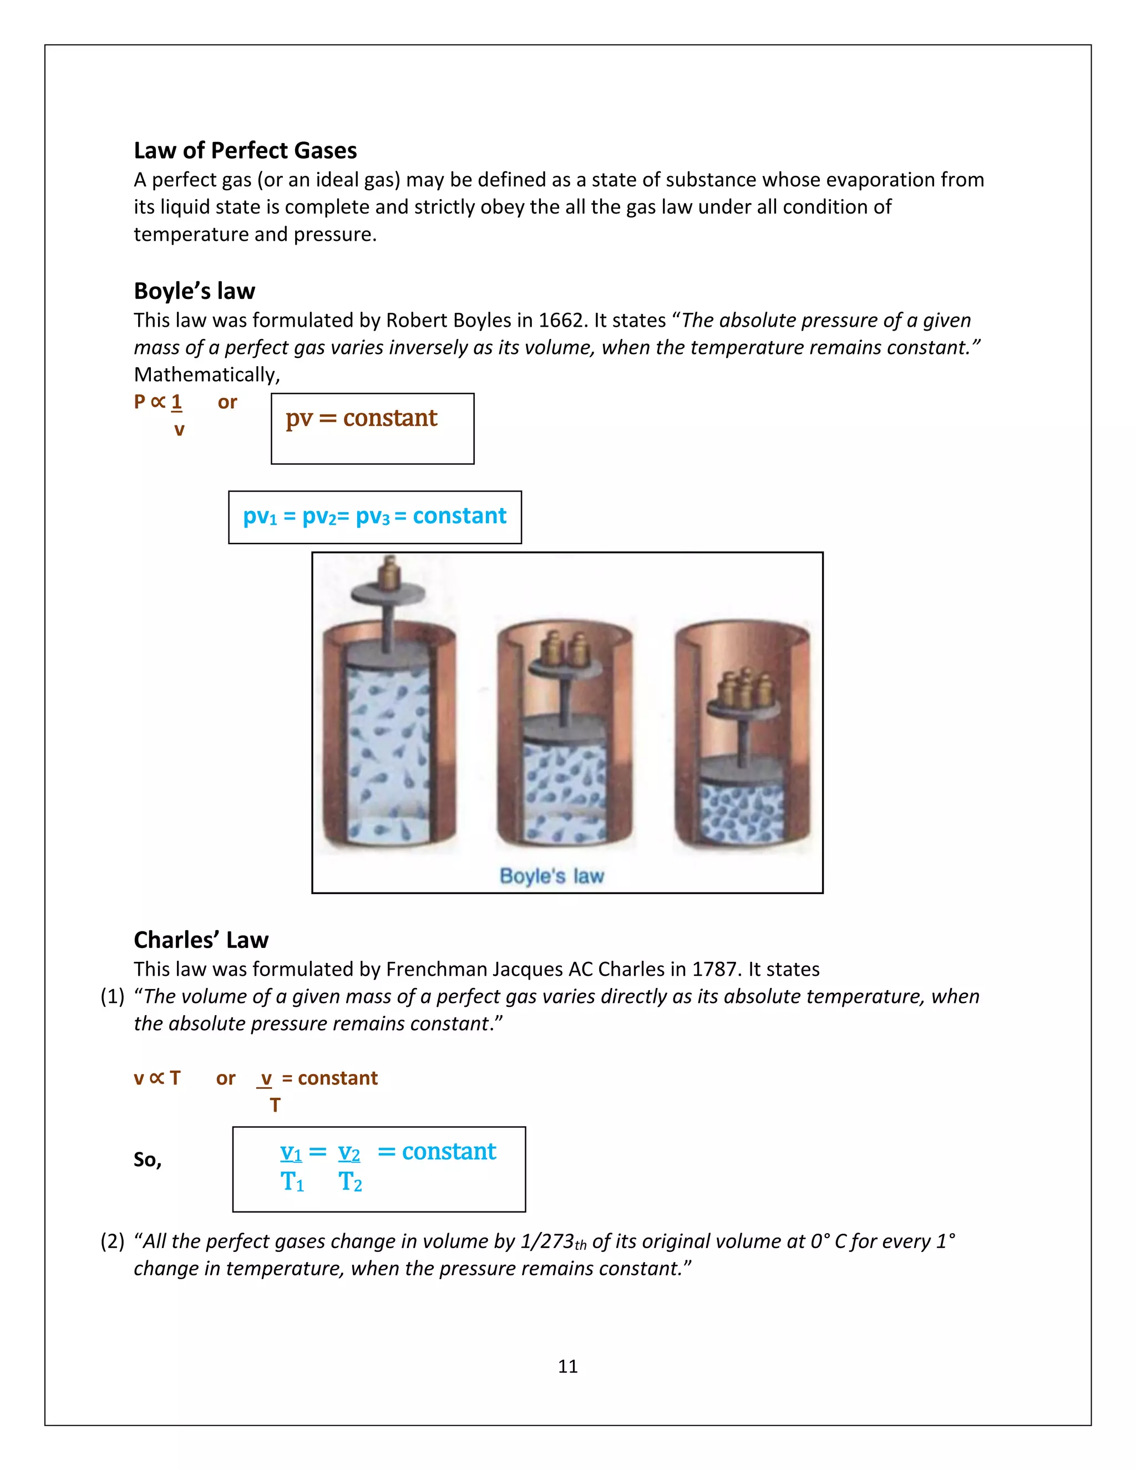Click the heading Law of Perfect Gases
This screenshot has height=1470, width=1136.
click(245, 150)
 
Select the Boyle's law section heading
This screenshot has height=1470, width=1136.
click(195, 291)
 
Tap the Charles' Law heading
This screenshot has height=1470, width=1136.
click(201, 940)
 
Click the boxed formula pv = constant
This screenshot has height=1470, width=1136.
click(362, 418)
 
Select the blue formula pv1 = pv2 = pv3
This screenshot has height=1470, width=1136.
click(374, 516)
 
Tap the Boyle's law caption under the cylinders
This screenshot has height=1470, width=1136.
click(552, 876)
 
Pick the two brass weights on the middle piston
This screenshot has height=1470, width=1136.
click(566, 647)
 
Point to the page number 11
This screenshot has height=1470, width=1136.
click(567, 1366)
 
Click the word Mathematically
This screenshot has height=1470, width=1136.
click(206, 375)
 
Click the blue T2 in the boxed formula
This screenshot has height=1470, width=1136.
click(350, 1182)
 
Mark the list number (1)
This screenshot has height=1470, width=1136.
click(113, 996)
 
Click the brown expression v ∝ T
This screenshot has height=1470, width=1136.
click(157, 1078)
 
